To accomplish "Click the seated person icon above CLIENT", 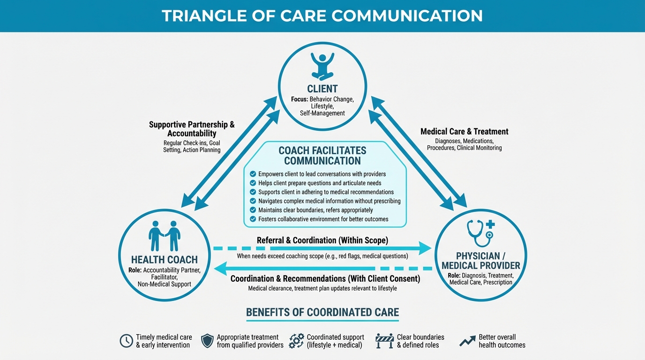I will [x=322, y=66].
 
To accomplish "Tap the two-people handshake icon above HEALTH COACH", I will [x=165, y=236].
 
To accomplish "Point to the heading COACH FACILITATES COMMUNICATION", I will [x=322, y=156].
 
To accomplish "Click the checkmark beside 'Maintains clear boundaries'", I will [x=253, y=210].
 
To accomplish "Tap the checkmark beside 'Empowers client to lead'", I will [x=253, y=174].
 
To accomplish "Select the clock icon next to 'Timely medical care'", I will [x=127, y=341].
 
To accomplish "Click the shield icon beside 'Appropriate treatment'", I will [x=207, y=341].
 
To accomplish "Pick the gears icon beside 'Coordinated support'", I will [x=296, y=341].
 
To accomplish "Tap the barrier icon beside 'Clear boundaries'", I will [x=384, y=341].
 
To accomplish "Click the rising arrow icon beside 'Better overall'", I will [x=467, y=341].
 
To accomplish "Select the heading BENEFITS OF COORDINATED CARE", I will [x=322, y=312].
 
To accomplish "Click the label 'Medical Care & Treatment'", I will [x=464, y=132].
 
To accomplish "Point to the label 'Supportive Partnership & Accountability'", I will [x=192, y=129].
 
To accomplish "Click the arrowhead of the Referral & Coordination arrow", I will [x=424, y=248].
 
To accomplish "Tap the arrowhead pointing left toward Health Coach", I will [x=220, y=269].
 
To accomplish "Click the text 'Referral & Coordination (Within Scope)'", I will [x=322, y=240].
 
